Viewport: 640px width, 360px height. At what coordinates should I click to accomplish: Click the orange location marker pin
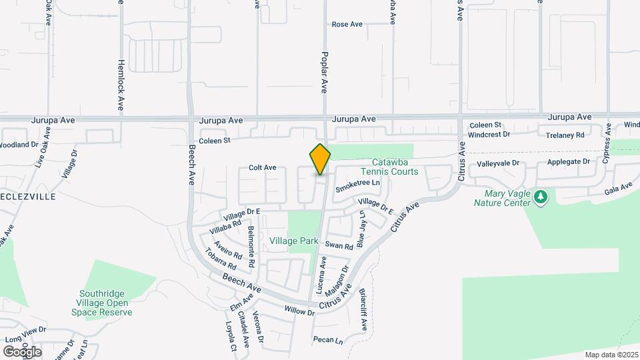(320, 159)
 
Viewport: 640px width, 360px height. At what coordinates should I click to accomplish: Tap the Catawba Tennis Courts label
(395, 167)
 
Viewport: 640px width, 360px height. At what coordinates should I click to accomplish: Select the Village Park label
(293, 240)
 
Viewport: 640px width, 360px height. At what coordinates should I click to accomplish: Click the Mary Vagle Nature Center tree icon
(541, 197)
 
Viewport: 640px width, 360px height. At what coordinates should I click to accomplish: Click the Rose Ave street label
(347, 25)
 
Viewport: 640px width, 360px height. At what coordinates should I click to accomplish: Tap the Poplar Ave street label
(325, 72)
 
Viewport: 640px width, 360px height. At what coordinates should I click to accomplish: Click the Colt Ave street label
(263, 168)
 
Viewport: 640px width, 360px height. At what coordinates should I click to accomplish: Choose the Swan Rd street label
(339, 246)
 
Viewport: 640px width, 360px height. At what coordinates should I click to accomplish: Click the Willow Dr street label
(299, 311)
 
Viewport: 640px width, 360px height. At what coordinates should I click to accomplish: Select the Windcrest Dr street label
(489, 134)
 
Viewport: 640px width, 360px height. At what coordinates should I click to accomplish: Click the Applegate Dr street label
(569, 161)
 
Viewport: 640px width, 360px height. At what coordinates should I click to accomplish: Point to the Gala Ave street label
(617, 189)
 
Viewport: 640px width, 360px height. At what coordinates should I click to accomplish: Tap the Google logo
(22, 351)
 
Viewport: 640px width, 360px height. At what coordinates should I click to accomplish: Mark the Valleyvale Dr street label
(498, 163)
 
